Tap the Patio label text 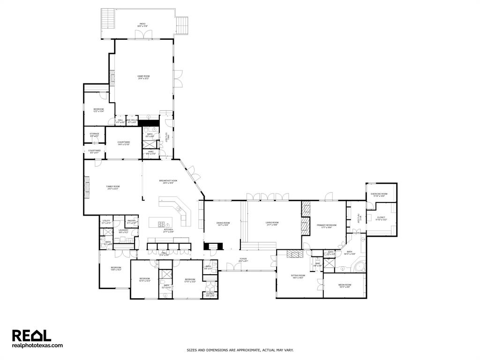pyautogui.click(x=142, y=25)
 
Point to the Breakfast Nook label pyautogui.click(x=168, y=182)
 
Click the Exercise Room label pyautogui.click(x=379, y=195)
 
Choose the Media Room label pyautogui.click(x=345, y=285)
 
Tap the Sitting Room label pyautogui.click(x=299, y=276)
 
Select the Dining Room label pyautogui.click(x=223, y=224)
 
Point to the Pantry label pyautogui.click(x=131, y=221)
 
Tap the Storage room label pyautogui.click(x=94, y=135)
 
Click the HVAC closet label pyautogui.click(x=150, y=152)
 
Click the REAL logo pyautogui.click(x=31, y=336)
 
